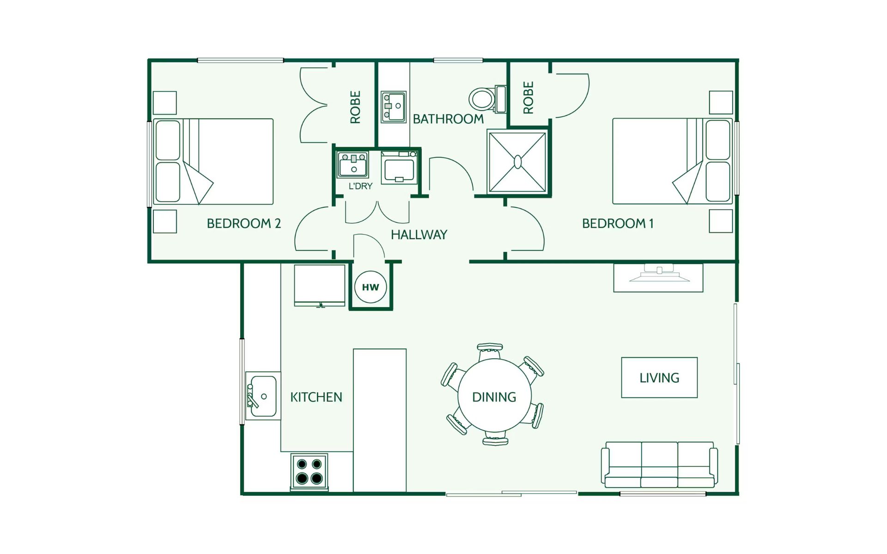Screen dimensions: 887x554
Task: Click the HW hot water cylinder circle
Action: (371, 287)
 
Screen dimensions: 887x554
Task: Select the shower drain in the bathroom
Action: (518, 162)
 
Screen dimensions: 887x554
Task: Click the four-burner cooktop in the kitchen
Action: (310, 471)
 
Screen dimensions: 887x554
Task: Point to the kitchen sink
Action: (263, 396)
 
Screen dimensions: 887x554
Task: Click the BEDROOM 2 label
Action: (244, 223)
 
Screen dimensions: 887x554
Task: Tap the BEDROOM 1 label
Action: (618, 223)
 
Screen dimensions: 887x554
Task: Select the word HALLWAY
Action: (419, 235)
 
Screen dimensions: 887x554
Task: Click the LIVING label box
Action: (659, 378)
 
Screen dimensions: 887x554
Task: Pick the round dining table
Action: (494, 396)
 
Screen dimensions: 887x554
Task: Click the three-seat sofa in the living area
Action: (659, 464)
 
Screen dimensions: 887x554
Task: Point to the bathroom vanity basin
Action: (394, 107)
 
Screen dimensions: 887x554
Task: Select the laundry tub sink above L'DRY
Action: (353, 165)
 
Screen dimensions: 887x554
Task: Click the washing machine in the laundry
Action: (400, 168)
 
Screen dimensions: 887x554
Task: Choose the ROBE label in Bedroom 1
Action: (528, 97)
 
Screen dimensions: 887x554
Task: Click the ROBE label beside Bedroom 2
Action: (355, 107)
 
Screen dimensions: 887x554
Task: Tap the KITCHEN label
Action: (316, 397)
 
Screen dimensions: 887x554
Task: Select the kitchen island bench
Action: (380, 421)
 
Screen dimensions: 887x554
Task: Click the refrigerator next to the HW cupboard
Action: (320, 285)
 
